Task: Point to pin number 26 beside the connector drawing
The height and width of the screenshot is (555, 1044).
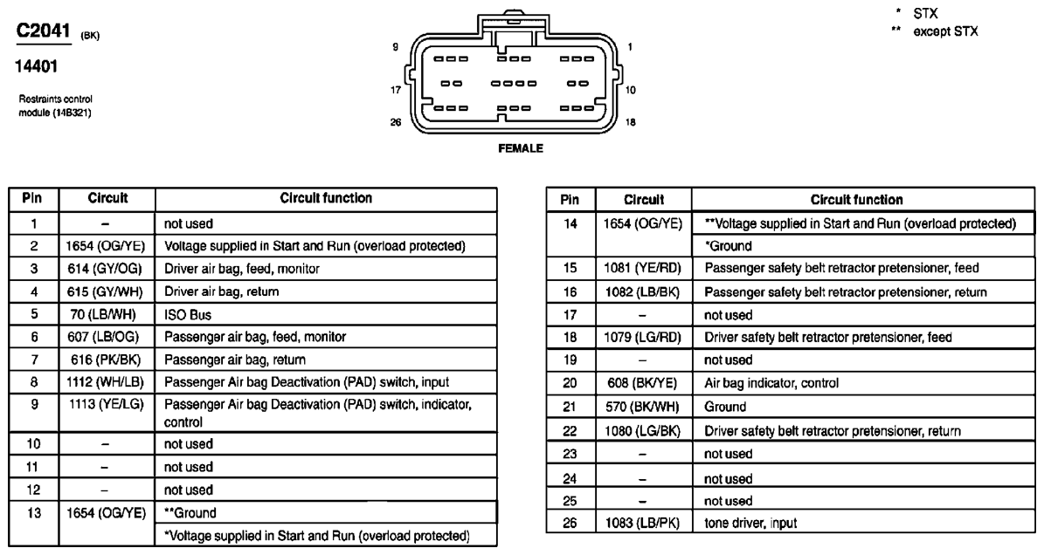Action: [396, 123]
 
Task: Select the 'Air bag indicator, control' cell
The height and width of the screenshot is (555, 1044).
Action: [771, 382]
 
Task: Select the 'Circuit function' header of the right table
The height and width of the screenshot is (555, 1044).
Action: [856, 200]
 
